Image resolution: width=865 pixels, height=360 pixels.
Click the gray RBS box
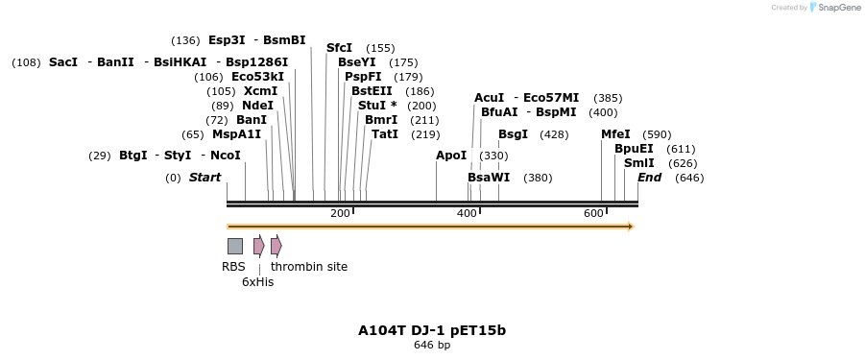tap(234, 246)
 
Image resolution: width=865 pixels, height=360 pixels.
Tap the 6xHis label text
tap(257, 281)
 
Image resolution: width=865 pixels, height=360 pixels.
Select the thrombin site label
tap(309, 267)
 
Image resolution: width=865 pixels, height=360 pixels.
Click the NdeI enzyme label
tap(257, 106)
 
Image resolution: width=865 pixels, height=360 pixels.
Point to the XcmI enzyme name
tap(260, 91)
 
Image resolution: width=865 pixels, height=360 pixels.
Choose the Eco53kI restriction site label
tap(257, 77)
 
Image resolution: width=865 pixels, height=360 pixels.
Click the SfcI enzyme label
tap(339, 48)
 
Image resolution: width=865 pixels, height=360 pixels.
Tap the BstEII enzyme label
tap(372, 91)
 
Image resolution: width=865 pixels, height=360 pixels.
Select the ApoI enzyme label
tap(451, 156)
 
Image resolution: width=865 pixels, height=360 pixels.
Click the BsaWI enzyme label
tap(489, 178)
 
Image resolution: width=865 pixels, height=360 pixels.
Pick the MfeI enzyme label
tap(615, 134)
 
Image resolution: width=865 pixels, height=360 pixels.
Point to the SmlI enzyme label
tap(638, 163)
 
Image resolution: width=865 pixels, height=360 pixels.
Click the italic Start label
tap(204, 178)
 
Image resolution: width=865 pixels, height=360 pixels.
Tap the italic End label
tap(649, 178)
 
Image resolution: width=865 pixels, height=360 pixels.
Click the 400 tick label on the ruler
tap(468, 213)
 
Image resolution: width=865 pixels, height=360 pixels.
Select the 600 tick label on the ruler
tap(593, 213)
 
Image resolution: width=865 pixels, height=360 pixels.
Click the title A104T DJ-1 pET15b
tap(432, 330)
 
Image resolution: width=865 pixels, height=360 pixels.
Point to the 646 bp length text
tap(432, 345)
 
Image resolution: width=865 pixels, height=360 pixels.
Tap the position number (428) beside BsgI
tap(554, 134)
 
